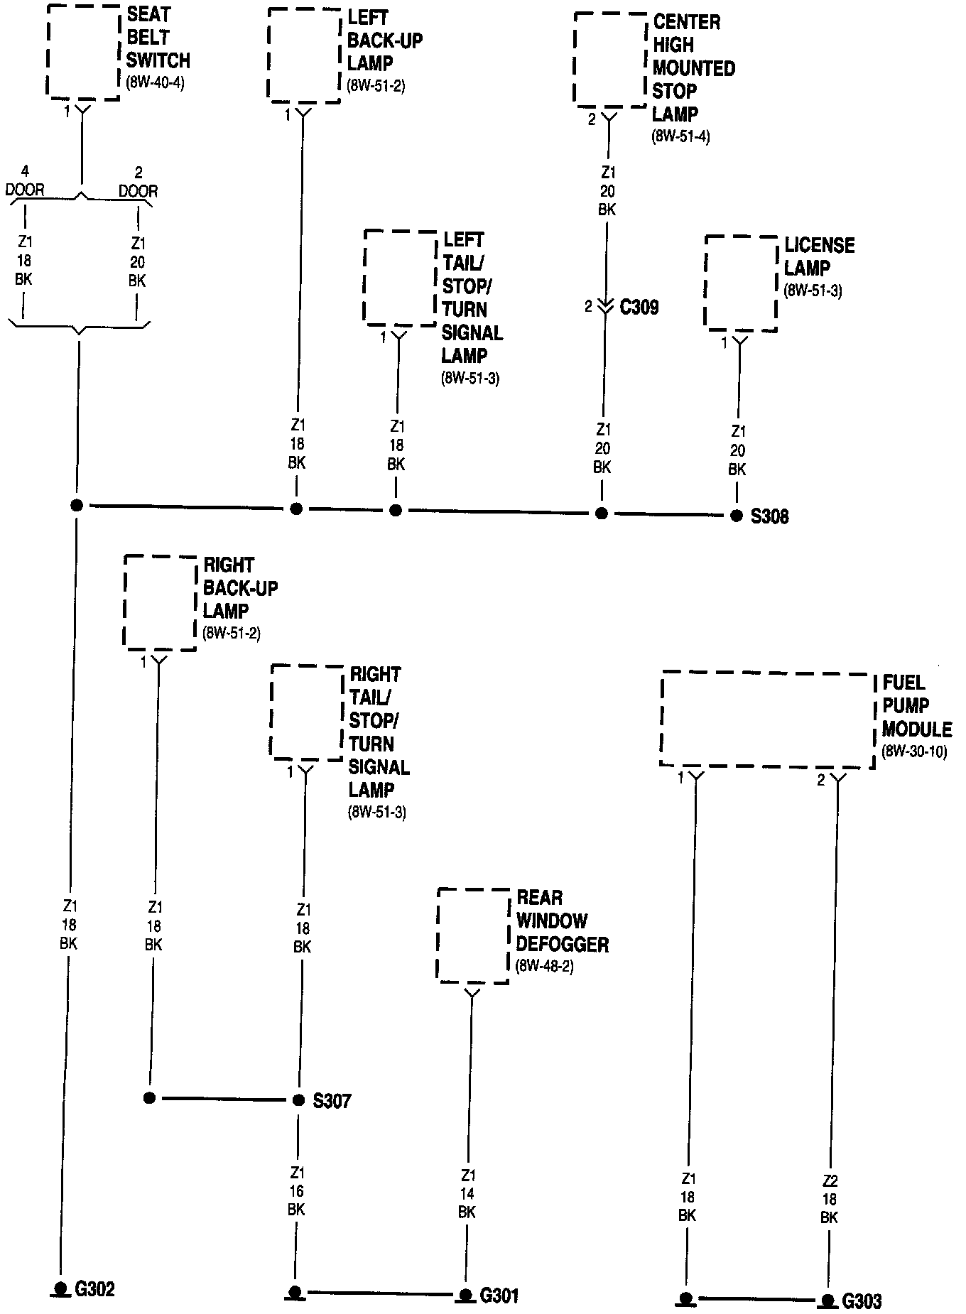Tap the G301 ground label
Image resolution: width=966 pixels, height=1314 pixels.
pyautogui.click(x=499, y=1296)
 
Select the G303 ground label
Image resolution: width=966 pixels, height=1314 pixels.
pyautogui.click(x=862, y=1301)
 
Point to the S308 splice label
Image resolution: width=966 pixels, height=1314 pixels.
pyautogui.click(x=770, y=516)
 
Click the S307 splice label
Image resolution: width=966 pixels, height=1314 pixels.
pyautogui.click(x=332, y=1102)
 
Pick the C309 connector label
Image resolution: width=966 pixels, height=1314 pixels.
pyautogui.click(x=639, y=308)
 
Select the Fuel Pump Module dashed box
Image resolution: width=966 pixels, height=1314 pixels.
pyautogui.click(x=767, y=719)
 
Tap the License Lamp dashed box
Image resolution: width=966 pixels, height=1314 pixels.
pyautogui.click(x=740, y=283)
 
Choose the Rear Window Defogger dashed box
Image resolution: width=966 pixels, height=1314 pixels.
pyautogui.click(x=473, y=935)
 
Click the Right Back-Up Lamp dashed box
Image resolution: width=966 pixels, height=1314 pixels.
pyautogui.click(x=160, y=602)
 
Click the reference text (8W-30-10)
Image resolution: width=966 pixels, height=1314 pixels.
pyautogui.click(x=914, y=752)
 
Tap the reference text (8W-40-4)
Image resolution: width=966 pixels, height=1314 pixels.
pyautogui.click(x=155, y=82)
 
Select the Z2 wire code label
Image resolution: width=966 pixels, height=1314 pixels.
pyautogui.click(x=830, y=1181)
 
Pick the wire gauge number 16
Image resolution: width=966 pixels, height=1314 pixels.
pyautogui.click(x=296, y=1191)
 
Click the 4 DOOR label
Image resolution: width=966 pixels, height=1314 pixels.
pyautogui.click(x=25, y=181)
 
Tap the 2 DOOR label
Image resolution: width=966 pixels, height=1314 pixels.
pyautogui.click(x=139, y=182)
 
